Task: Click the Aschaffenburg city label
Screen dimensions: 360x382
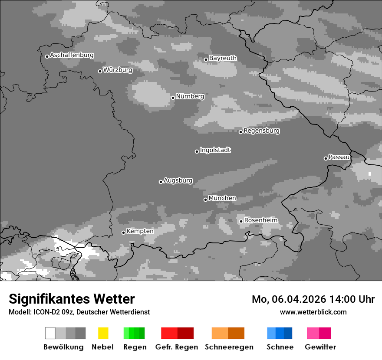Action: pyautogui.click(x=72, y=56)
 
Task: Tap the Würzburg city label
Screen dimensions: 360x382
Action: pyautogui.click(x=118, y=70)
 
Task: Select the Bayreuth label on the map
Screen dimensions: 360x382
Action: pyautogui.click(x=223, y=58)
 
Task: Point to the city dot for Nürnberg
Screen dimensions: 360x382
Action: pyautogui.click(x=173, y=98)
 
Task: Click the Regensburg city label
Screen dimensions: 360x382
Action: pyautogui.click(x=261, y=131)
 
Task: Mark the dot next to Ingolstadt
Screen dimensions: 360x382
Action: pyautogui.click(x=197, y=151)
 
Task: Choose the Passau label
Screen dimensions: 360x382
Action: pyautogui.click(x=339, y=157)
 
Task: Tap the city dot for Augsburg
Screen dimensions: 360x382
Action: pyautogui.click(x=161, y=182)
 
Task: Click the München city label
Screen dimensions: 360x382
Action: pyautogui.click(x=222, y=198)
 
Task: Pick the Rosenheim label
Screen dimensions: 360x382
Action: pyautogui.click(x=260, y=220)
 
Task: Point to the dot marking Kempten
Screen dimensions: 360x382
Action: pyautogui.click(x=123, y=232)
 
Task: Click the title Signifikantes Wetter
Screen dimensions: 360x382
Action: pyautogui.click(x=72, y=299)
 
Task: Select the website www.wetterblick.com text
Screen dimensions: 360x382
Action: pyautogui.click(x=313, y=312)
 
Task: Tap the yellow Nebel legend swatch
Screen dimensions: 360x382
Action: pyautogui.click(x=103, y=333)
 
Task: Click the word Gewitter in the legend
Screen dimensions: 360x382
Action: pyautogui.click(x=320, y=347)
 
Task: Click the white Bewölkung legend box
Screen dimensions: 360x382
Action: pyautogui.click(x=50, y=333)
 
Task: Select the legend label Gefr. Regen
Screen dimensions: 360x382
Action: pyautogui.click(x=177, y=347)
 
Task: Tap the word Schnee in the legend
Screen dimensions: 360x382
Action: pyautogui.click(x=280, y=347)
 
